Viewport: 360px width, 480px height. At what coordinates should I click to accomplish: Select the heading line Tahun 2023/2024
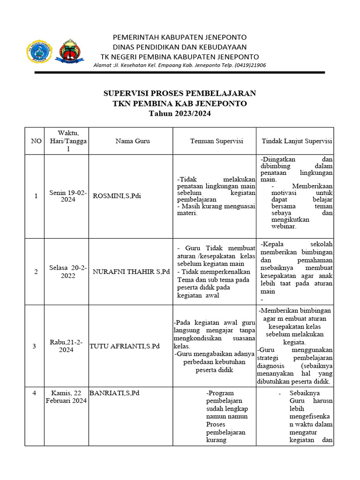pos(180,113)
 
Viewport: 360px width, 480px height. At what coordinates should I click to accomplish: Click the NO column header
pos(36,141)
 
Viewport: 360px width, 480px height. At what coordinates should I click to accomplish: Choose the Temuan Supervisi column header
pos(217,141)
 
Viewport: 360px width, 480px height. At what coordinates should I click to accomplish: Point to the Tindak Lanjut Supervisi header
pos(297,141)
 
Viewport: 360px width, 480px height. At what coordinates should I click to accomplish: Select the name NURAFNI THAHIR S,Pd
pos(131,272)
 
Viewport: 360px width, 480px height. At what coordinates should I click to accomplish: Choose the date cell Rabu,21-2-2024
pos(66,346)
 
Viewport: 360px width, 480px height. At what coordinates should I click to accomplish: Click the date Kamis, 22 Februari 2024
pos(66,397)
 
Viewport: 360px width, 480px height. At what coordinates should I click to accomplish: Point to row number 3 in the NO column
pos(34,346)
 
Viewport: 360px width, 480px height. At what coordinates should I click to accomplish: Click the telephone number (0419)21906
pos(250,65)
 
